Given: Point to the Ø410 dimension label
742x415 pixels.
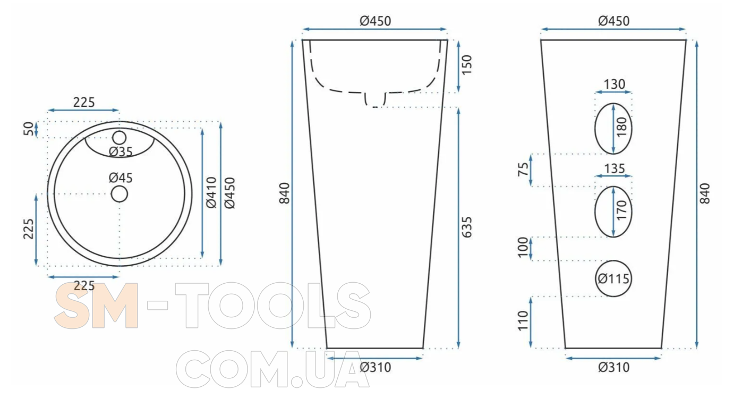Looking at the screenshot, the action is click(211, 192).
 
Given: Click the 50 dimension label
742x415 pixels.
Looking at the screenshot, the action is click(29, 129).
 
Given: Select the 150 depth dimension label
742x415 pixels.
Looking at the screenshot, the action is click(466, 65).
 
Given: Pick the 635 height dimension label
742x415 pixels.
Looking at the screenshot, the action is click(466, 227).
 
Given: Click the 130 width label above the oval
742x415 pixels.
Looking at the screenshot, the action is click(614, 84).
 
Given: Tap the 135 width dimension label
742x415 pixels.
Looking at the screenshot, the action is click(614, 168).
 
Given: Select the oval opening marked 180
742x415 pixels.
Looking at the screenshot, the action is click(595, 129).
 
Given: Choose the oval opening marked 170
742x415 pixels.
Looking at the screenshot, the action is click(595, 212).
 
